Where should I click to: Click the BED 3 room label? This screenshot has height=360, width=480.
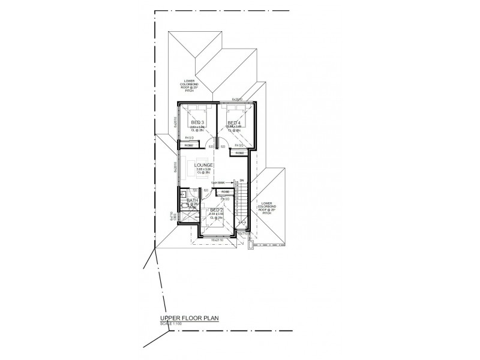(197, 123)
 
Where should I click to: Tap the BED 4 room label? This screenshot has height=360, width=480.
(234, 123)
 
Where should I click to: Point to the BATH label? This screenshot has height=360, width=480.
(192, 201)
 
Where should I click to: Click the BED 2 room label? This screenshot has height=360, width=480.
(216, 210)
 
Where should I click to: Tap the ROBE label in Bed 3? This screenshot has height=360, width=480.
(188, 145)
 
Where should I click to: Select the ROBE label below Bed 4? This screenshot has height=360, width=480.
(239, 153)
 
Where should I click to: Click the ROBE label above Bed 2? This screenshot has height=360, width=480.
(225, 192)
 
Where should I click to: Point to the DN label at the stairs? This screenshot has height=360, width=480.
(241, 181)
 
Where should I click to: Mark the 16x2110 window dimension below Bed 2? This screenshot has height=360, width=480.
(217, 240)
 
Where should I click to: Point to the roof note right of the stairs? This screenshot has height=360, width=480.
(266, 208)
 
